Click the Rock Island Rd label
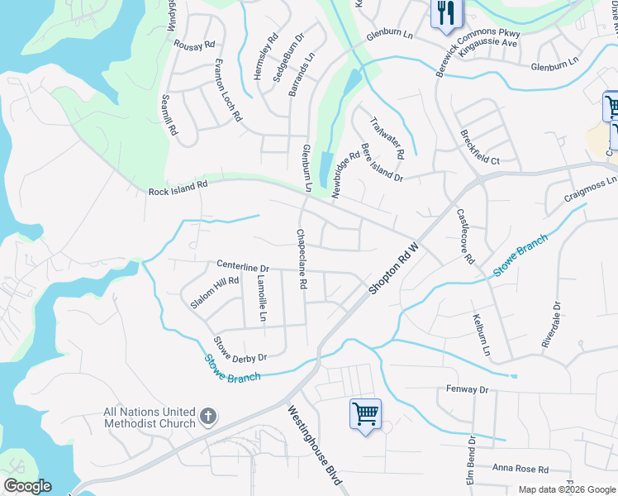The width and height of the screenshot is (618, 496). point(178,188)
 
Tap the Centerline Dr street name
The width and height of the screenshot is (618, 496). point(243,267)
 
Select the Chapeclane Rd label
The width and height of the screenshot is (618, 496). point(302,259)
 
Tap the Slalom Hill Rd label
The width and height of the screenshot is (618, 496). point(214,293)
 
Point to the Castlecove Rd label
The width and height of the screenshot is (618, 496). point(465,236)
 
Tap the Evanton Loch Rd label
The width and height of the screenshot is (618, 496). point(228,91)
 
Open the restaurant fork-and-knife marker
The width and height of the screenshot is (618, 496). point(444,13)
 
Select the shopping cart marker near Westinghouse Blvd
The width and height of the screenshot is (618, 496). point(365,413)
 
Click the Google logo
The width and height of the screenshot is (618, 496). point(27,486)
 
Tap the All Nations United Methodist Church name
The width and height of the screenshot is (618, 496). point(150,417)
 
